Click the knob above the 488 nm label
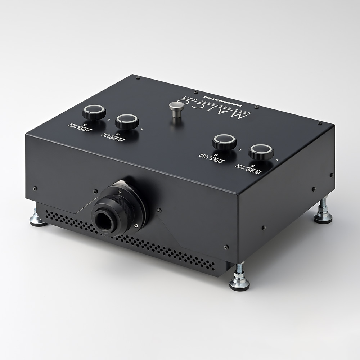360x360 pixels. (x=94, y=112)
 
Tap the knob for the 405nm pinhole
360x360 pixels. (x=127, y=121)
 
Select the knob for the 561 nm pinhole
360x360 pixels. (x=224, y=141)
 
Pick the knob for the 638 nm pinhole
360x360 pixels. (x=261, y=152)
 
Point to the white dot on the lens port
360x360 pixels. (x=136, y=225)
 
